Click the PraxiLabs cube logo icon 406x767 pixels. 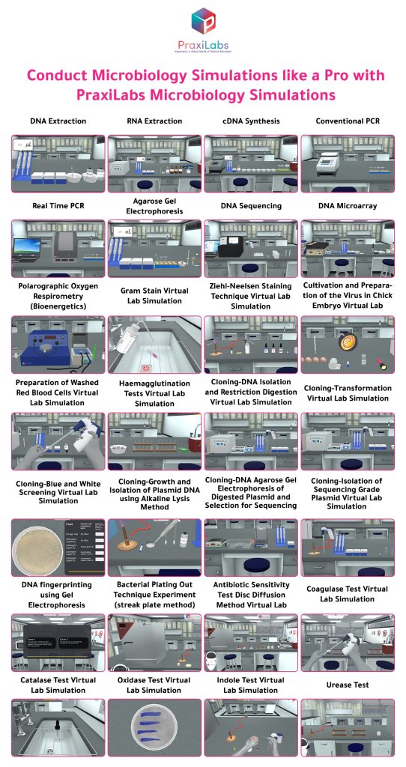pos(202,21)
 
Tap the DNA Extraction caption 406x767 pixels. pos(58,121)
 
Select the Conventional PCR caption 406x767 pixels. pos(347,121)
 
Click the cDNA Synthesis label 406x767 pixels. pos(250,121)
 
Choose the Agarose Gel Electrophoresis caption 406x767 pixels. pos(154,206)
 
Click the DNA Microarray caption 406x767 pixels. pos(347,205)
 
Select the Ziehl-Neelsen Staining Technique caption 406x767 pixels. pos(250,296)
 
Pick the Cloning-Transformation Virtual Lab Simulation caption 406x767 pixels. pos(347,393)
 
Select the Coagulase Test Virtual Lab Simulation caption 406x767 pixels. pos(347,594)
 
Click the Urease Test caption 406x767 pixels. pos(347,685)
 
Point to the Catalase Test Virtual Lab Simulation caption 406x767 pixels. pos(58,685)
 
